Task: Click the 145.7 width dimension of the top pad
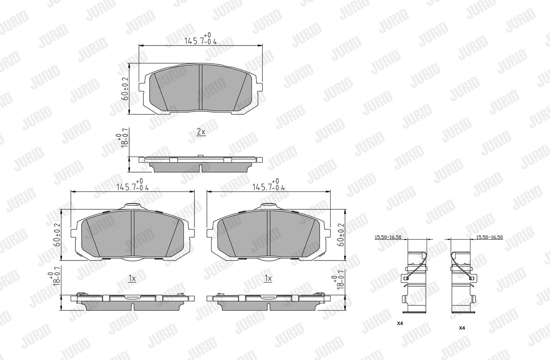point(201,39)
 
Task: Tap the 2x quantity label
point(201,132)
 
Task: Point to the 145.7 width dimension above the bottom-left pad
point(133,185)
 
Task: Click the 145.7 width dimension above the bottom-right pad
point(269,185)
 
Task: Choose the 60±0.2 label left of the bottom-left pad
point(57,235)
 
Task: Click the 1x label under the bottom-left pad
point(132,278)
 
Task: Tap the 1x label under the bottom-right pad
point(268,278)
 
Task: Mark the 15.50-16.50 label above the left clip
point(388,237)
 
